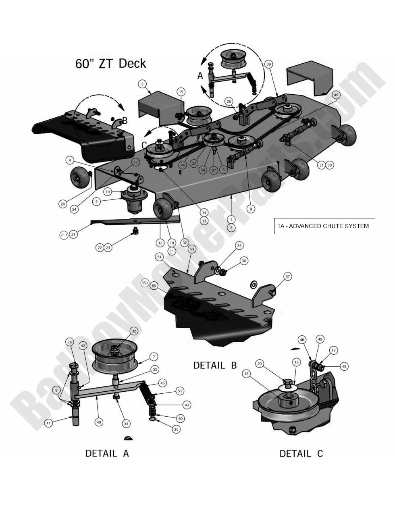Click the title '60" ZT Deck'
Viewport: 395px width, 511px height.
point(111,64)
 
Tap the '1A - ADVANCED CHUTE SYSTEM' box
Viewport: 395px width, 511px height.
point(324,226)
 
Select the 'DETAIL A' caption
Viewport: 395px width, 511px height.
point(107,453)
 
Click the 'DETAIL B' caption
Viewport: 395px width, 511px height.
point(215,365)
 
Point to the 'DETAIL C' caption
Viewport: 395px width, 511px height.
point(301,453)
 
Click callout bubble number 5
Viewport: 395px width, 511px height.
point(142,84)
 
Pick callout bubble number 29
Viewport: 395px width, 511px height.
point(63,204)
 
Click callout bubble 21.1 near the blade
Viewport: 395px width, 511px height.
point(64,235)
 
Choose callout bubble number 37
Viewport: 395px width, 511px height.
point(287,276)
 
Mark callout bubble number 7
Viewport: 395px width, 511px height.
point(154,357)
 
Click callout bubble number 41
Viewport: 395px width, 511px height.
point(49,424)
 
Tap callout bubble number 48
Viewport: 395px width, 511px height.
point(343,366)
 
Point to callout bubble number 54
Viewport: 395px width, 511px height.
point(159,257)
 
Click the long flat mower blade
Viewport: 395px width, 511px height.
point(133,220)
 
